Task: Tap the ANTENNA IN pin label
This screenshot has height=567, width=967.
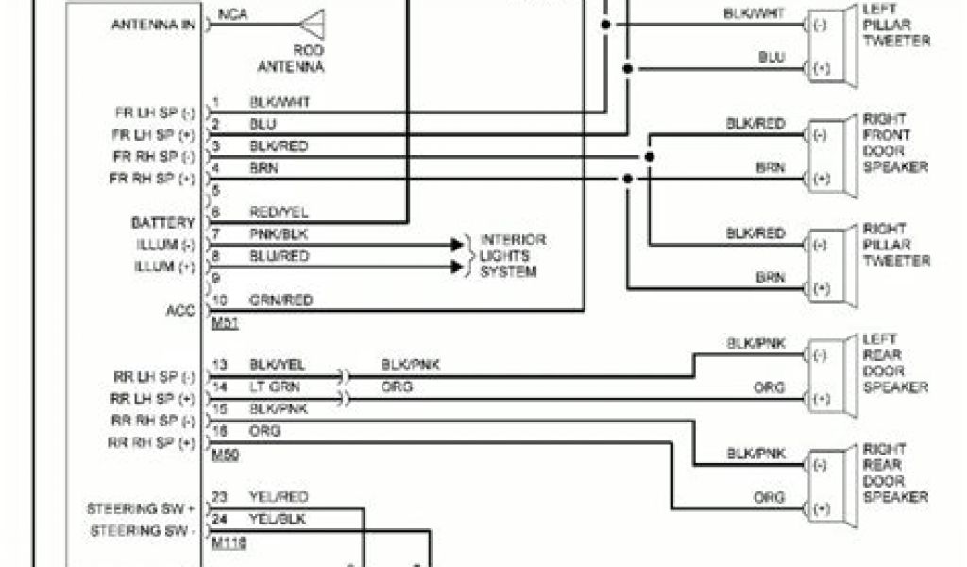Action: click(x=153, y=25)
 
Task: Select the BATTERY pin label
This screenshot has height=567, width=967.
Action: click(x=162, y=223)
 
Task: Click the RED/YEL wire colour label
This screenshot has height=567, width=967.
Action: click(x=279, y=213)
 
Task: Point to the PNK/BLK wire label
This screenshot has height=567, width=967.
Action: click(x=279, y=232)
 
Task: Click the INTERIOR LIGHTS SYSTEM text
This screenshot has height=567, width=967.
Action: click(x=513, y=256)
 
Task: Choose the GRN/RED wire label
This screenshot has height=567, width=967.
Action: click(x=280, y=301)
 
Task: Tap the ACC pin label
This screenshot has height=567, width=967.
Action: click(x=180, y=309)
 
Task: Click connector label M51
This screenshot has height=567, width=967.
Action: click(x=223, y=324)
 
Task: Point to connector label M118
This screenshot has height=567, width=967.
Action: click(x=227, y=542)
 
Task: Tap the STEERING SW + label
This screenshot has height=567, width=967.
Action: click(x=143, y=508)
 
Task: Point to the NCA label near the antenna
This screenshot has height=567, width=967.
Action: click(x=229, y=14)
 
